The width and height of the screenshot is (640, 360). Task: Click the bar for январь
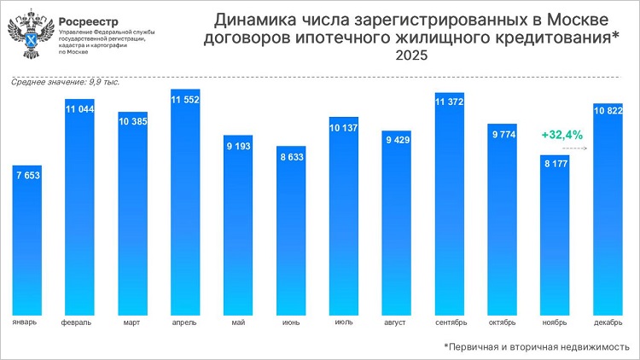coord(27,239)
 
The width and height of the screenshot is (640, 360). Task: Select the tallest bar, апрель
coord(185,205)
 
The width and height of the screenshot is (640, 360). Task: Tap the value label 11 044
coord(80,109)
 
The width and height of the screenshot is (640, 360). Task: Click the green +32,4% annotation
coord(561,135)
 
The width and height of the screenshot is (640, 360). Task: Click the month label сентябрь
coord(449,323)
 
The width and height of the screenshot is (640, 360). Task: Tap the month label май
coord(238,323)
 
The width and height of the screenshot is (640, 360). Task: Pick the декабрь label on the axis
coord(607,323)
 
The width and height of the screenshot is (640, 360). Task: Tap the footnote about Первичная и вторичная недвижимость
coord(537,347)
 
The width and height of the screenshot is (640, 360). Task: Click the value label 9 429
coord(397,140)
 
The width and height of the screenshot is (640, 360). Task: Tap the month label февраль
coord(79,323)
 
